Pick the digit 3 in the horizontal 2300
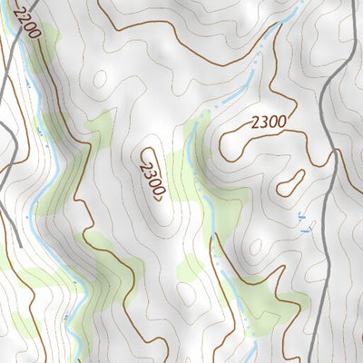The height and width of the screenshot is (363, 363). pyautogui.click(x=259, y=121)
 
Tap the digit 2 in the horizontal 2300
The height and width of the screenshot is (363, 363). pyautogui.click(x=250, y=123)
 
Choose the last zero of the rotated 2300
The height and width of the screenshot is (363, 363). pyautogui.click(x=159, y=192)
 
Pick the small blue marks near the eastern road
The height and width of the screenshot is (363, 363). pyautogui.click(x=302, y=222)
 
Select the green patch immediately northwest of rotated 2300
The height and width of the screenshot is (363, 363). pyautogui.click(x=100, y=127)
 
